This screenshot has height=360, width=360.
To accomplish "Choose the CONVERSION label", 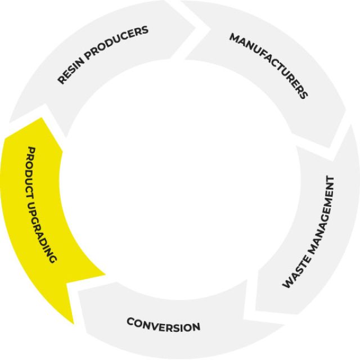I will click(x=163, y=325).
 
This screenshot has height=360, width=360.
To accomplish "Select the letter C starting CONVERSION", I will click(x=130, y=322).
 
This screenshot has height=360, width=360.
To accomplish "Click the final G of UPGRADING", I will click(x=53, y=259).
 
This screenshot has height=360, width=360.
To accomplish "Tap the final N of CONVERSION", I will click(x=196, y=327).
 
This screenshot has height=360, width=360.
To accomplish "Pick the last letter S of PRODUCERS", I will click(x=146, y=29).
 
